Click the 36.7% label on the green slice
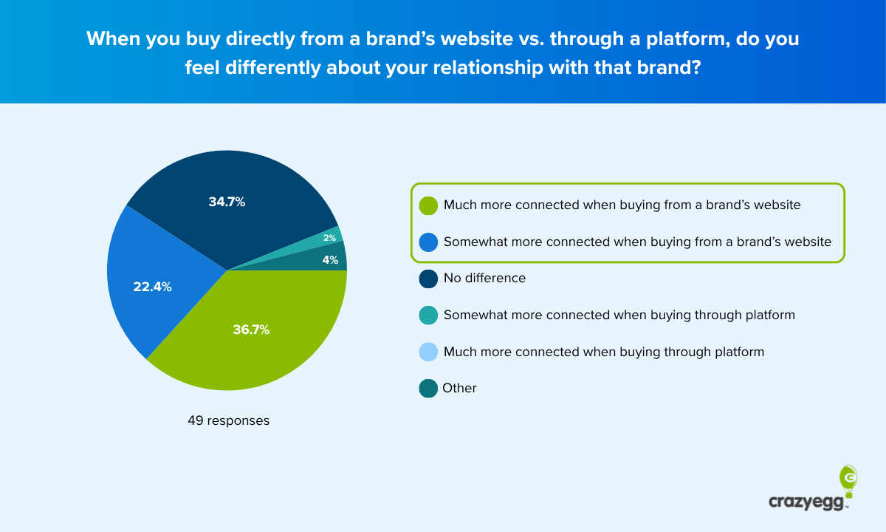(x=251, y=330)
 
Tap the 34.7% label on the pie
(x=227, y=202)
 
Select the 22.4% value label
(x=153, y=287)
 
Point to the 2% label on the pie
(x=329, y=238)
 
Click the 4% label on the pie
(x=330, y=260)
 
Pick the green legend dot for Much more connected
(x=428, y=205)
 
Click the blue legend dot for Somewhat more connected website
(x=428, y=242)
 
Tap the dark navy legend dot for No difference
(x=428, y=279)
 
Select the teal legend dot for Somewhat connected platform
(x=428, y=316)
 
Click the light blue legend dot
(x=428, y=352)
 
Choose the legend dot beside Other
(x=428, y=389)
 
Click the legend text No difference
(x=484, y=279)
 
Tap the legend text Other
(x=459, y=389)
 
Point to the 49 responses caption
(x=228, y=421)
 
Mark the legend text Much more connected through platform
(x=603, y=352)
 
